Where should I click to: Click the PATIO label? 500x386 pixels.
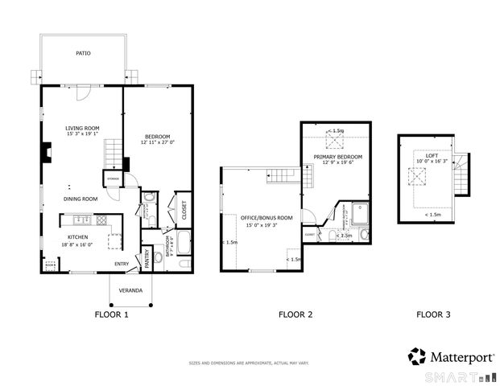pyautogui.click(x=83, y=53)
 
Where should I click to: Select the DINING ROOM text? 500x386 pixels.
pyautogui.click(x=81, y=199)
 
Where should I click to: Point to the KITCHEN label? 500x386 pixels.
pyautogui.click(x=77, y=237)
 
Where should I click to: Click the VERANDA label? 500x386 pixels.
pyautogui.click(x=130, y=289)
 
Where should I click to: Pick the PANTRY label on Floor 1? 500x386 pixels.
pyautogui.click(x=147, y=258)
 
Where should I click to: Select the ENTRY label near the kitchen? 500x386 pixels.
pyautogui.click(x=122, y=264)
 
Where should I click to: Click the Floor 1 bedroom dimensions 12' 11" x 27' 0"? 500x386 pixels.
pyautogui.click(x=158, y=142)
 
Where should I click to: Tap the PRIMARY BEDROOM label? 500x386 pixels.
pyautogui.click(x=337, y=156)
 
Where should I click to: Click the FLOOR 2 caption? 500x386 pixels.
pyautogui.click(x=295, y=314)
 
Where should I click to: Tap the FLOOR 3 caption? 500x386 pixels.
pyautogui.click(x=433, y=314)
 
